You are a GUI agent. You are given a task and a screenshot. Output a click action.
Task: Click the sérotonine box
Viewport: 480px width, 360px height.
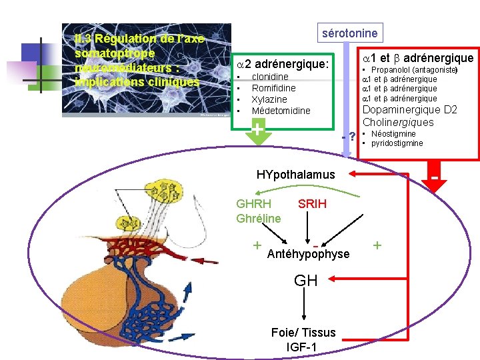click(x=349, y=33)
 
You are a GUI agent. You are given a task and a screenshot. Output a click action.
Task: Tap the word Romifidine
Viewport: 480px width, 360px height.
click(x=273, y=88)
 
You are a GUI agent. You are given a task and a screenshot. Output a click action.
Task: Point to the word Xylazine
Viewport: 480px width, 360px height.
click(x=269, y=99)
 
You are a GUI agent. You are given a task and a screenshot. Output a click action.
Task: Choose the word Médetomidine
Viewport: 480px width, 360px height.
click(x=281, y=111)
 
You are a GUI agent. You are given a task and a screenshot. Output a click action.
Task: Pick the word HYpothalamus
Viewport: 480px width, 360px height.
click(x=296, y=175)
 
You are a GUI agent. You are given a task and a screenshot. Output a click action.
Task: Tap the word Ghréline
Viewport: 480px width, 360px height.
click(x=259, y=218)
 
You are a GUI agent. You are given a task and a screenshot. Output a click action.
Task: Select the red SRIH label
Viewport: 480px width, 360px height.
click(x=312, y=204)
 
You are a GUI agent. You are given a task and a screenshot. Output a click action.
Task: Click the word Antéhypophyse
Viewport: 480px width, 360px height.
click(x=308, y=254)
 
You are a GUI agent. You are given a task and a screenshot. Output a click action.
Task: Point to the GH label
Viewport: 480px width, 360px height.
click(x=306, y=281)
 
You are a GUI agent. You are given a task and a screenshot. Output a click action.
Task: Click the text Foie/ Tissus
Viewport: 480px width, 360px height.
click(x=303, y=333)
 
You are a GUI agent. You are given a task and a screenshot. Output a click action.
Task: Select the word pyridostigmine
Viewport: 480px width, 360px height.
click(x=397, y=143)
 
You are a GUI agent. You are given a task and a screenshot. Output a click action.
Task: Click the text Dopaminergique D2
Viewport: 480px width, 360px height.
click(x=409, y=110)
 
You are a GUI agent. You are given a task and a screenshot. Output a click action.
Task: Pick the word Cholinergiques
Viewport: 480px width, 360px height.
click(x=398, y=122)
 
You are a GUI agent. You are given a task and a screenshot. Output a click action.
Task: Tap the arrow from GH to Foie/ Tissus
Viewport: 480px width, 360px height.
click(x=305, y=306)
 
